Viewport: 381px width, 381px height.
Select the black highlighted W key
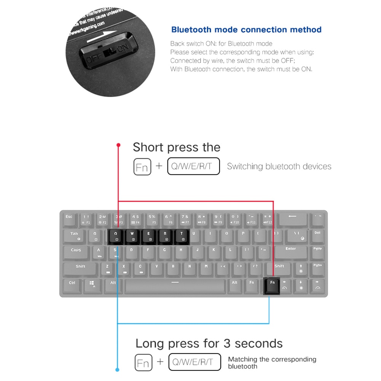pyautogui.click(x=132, y=236)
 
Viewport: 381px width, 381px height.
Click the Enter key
pyautogui.click(x=291, y=252)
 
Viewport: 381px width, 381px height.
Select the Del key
pyautogui.click(x=317, y=236)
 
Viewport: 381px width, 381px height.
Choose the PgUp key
pyautogui.click(x=317, y=252)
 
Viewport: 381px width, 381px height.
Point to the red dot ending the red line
pyautogui.click(x=118, y=145)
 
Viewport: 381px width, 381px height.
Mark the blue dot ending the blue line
pyautogui.click(x=117, y=370)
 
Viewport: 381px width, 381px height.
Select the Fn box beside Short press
pyautogui.click(x=142, y=167)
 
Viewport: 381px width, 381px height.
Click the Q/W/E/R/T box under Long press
pyautogui.click(x=194, y=362)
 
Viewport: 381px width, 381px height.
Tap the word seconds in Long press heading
pyautogui.click(x=258, y=343)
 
